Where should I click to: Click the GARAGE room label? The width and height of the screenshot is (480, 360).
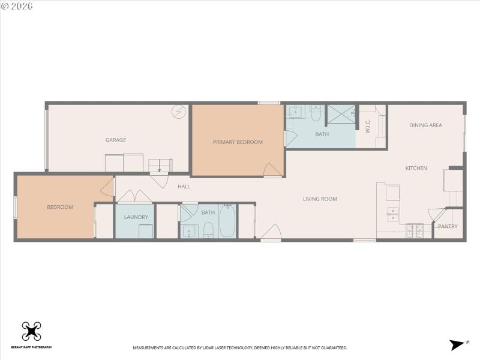coord(116,140)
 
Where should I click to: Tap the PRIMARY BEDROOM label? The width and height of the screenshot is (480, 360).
coord(238,142)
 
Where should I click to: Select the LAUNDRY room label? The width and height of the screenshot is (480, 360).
coord(136,217)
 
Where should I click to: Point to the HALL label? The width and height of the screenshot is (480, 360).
coord(184,187)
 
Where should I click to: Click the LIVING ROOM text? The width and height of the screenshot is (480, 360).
coord(320,199)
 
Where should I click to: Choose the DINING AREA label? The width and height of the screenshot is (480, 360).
coord(425,125)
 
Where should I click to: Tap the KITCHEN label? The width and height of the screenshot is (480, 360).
coord(416,168)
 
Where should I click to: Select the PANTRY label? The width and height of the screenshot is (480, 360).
coord(448,226)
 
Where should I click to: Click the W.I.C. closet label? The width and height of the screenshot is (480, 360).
coord(367,126)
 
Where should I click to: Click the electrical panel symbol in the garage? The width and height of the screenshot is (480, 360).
coord(178,112)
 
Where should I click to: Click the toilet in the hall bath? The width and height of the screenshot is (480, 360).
coord(208,229)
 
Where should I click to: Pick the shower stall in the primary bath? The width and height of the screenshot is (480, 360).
coord(341,116)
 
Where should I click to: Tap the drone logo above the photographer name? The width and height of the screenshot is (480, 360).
coord(31,331)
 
